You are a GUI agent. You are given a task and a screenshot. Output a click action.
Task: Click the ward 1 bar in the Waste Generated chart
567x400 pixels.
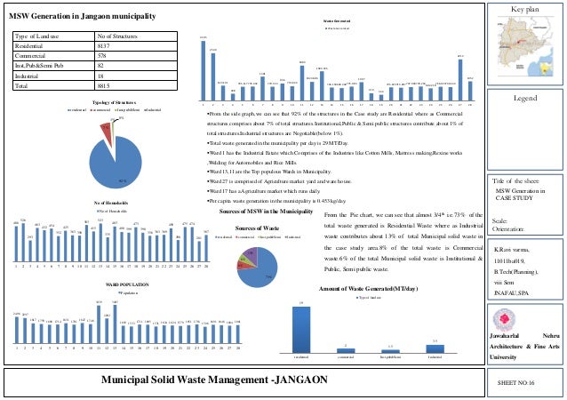pyautogui.click(x=204, y=67)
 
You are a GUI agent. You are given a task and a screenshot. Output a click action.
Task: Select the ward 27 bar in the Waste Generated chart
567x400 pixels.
pyautogui.click(x=460, y=76)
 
